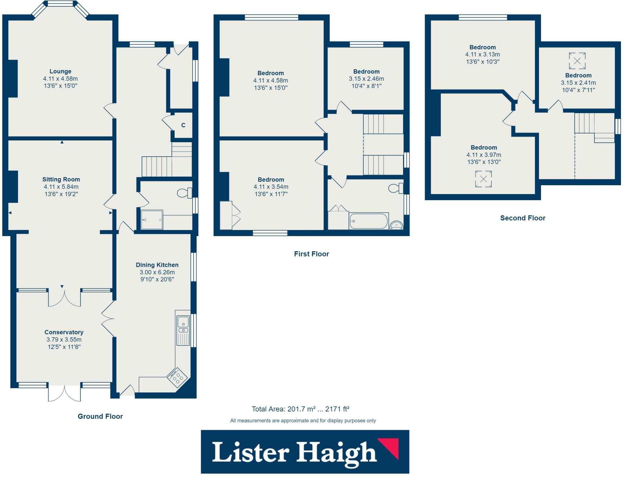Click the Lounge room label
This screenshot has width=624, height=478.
point(60,71)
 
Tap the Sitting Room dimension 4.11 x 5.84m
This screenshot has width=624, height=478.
point(61,187)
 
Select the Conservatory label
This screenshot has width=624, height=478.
point(64,332)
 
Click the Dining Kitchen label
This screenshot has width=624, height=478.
point(157,265)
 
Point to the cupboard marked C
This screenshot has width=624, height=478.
point(183,125)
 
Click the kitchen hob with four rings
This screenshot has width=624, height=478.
point(178,377)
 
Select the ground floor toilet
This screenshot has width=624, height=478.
point(185,193)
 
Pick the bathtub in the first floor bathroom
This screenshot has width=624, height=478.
point(368,221)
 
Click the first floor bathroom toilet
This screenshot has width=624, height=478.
point(396,188)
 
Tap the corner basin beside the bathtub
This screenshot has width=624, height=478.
point(396,225)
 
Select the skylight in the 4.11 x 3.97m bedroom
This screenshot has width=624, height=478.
point(483,179)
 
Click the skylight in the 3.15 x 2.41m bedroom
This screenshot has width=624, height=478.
point(577,61)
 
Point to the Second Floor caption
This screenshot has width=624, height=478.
point(523,218)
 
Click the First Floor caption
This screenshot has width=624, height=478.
point(311,254)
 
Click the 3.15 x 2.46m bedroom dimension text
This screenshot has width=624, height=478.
point(366,79)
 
